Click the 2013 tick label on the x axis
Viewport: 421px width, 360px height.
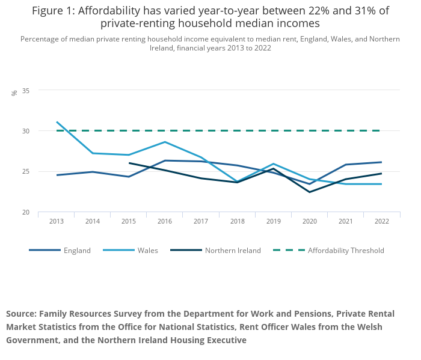tap(56, 221)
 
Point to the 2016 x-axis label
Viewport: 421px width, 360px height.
tap(165, 221)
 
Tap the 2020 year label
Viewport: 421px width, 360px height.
tap(309, 221)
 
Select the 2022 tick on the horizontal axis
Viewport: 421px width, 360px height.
tap(381, 221)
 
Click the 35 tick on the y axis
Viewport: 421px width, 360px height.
tap(26, 90)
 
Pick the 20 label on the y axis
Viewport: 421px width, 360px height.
tap(26, 212)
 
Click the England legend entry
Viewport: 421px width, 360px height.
tap(77, 251)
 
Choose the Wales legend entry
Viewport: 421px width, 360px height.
tap(147, 251)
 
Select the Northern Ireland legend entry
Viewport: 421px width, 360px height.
tap(233, 251)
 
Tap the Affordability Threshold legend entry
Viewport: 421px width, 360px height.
tap(346, 251)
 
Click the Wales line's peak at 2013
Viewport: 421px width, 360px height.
tap(57, 122)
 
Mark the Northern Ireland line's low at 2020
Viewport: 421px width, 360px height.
tap(309, 192)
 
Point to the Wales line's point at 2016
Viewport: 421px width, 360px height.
tap(165, 142)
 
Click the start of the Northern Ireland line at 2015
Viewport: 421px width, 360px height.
tap(129, 163)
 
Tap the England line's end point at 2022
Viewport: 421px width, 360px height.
tap(381, 162)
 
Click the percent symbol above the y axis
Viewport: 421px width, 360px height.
tap(14, 93)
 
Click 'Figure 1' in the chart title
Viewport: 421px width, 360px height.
tap(54, 11)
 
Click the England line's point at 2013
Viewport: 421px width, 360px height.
tap(57, 175)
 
